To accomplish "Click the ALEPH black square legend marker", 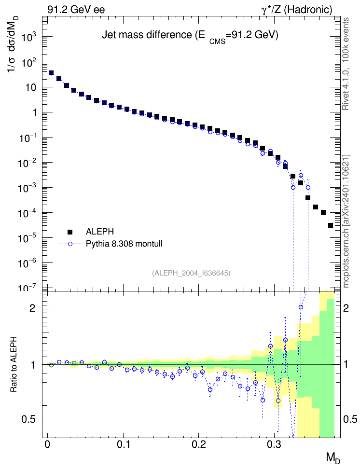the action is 70,232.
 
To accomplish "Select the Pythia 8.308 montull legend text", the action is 124,244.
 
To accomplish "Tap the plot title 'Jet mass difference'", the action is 147,35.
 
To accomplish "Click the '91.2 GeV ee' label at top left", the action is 76,10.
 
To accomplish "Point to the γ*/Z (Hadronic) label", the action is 297,10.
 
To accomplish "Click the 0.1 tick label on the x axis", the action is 123,444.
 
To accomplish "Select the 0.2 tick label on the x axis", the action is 199,444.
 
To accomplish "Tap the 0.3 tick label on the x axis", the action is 275,444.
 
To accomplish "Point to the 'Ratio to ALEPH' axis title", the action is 14,364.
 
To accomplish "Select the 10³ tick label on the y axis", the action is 29,37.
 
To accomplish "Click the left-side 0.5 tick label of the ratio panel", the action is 28,420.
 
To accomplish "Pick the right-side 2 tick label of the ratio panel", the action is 346,308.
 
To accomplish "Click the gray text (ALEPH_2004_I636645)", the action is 191,273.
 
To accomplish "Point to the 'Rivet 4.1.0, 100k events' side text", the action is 346,64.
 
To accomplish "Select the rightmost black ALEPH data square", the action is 331,225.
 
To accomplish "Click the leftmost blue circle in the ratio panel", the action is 51,365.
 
